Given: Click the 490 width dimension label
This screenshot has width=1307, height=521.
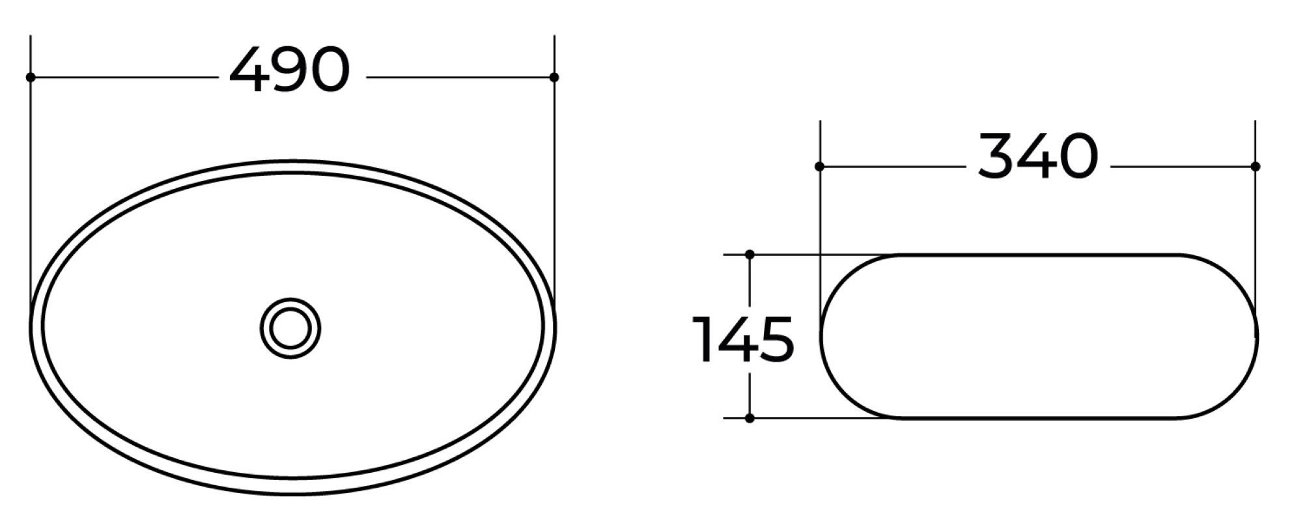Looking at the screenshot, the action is pos(290,69).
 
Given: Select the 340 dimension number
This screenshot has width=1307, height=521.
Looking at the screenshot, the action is pos(1038,156).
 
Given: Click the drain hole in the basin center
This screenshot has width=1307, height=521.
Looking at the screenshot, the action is pos(290,328).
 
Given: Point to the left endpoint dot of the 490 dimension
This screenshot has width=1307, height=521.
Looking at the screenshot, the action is pos(30,77).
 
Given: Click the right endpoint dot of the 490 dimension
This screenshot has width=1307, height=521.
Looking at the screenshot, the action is pos(554,77).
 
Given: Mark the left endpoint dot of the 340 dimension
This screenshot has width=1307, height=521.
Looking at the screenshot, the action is pos(819,167).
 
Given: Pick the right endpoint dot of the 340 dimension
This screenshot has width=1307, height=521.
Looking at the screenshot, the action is pos(1256,167).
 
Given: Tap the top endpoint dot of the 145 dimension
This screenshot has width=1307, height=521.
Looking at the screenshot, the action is pos(750,254).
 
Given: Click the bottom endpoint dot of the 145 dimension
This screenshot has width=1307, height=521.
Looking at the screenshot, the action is pos(750,418).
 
